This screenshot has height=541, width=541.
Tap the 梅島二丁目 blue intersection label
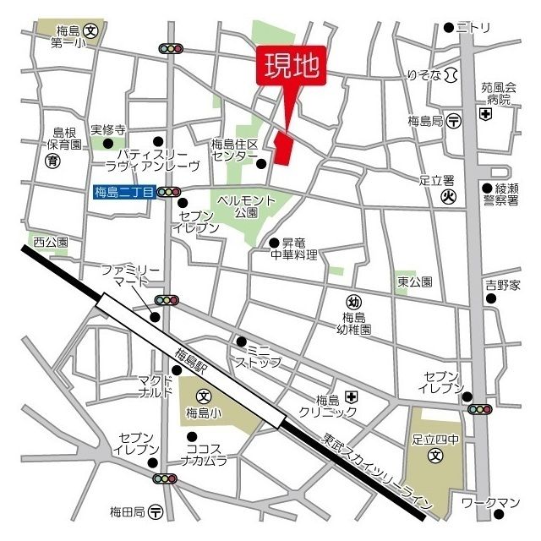[124, 193]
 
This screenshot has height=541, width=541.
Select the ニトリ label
[474, 28]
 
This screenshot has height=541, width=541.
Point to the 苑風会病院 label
[498, 93]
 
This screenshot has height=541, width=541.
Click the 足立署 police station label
[437, 180]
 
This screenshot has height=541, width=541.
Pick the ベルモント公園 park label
[247, 206]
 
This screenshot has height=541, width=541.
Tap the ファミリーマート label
[125, 275]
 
